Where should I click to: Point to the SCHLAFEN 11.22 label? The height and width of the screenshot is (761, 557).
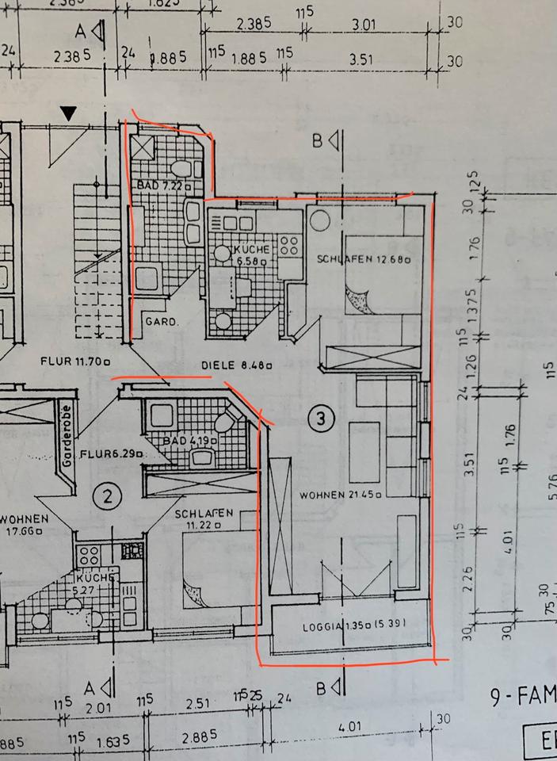click(x=204, y=519)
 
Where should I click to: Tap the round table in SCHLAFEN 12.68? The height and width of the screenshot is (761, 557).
click(x=320, y=220)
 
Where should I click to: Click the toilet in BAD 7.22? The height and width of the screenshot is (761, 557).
click(x=183, y=169)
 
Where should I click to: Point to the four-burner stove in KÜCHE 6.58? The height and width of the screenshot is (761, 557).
click(x=288, y=246)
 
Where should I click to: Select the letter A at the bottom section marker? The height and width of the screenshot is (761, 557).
click(x=90, y=686)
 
